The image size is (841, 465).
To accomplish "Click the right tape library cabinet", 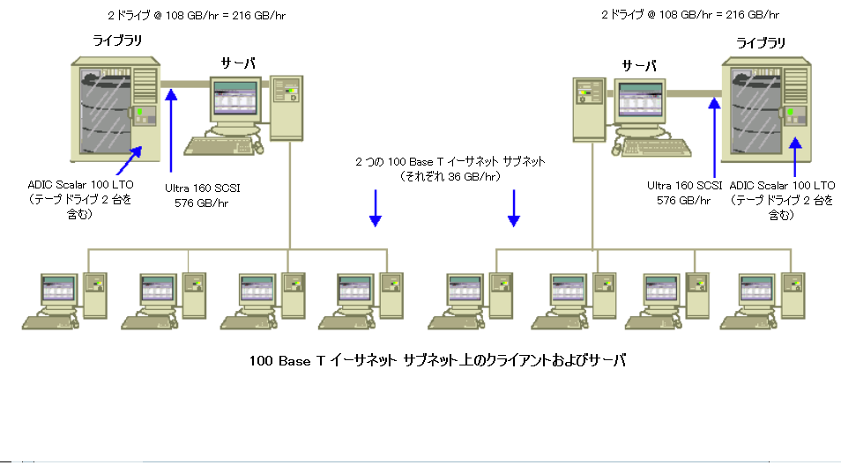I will tap(763, 110).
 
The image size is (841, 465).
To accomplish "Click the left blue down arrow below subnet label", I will tap(376, 208).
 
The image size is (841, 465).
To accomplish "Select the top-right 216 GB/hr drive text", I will tap(689, 15).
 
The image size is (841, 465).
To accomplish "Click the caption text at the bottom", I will tap(437, 361).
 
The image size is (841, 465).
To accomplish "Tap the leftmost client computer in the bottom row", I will tap(62, 299).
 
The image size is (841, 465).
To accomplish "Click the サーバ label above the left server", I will tap(240, 64).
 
